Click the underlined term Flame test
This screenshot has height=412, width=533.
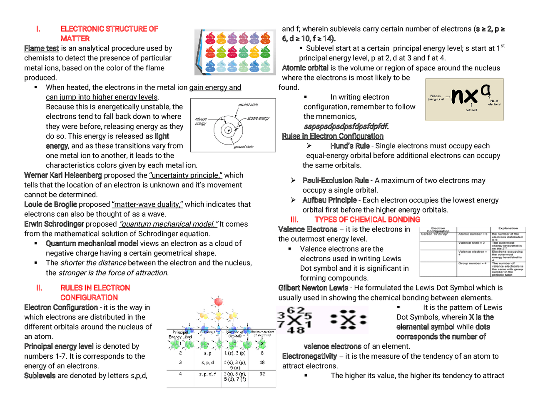[x=42, y=48]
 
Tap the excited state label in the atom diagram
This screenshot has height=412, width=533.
[x=248, y=105]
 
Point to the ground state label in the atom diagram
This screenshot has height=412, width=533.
[x=244, y=147]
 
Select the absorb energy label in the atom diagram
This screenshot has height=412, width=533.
[x=258, y=118]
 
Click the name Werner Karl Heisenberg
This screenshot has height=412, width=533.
[x=63, y=175]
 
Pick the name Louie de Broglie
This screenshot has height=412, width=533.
[x=50, y=205]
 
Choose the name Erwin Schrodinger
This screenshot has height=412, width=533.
[x=54, y=224]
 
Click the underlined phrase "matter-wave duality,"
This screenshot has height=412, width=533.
[x=147, y=205]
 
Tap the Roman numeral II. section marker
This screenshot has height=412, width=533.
[x=39, y=288]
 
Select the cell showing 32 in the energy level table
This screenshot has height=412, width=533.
[x=262, y=374]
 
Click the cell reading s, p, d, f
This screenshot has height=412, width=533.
[x=207, y=374]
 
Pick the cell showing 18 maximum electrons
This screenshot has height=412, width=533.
[x=262, y=362]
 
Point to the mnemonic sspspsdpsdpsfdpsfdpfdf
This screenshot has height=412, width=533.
[x=346, y=126]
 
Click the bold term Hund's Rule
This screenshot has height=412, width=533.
[x=350, y=146]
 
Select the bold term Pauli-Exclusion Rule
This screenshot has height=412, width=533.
[x=335, y=181]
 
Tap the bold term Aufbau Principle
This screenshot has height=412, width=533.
[x=329, y=200]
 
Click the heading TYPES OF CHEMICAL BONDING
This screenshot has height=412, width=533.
[x=367, y=220]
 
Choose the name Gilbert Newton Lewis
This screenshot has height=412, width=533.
[x=313, y=288]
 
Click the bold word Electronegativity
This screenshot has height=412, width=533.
[x=309, y=356]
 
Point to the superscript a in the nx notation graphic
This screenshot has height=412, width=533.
[x=485, y=90]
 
